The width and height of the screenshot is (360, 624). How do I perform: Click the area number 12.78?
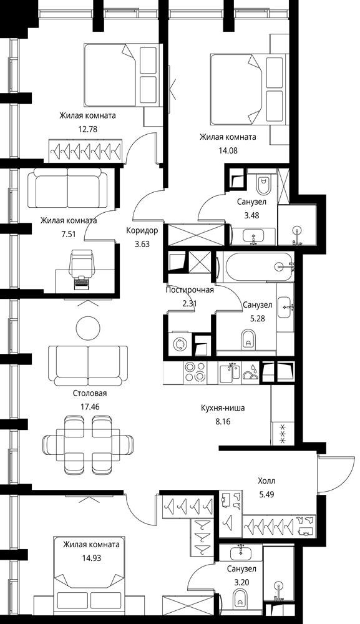coord(88,129)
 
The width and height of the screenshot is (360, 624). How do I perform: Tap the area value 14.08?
coord(228,150)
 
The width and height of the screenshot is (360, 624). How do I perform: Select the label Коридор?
coord(142,230)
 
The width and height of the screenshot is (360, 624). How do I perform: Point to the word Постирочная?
coord(189,290)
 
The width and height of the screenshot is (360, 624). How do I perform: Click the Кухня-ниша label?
coord(223,408)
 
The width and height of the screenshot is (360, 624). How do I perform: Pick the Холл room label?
coord(266,481)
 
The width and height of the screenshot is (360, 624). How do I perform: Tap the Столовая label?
coord(90,393)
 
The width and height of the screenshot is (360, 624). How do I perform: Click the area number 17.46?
coord(90,407)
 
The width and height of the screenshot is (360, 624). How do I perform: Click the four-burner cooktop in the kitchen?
coord(195,372)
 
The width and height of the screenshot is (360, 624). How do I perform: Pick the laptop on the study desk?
coord(82,282)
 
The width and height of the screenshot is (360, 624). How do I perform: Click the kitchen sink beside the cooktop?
coord(231,373)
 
